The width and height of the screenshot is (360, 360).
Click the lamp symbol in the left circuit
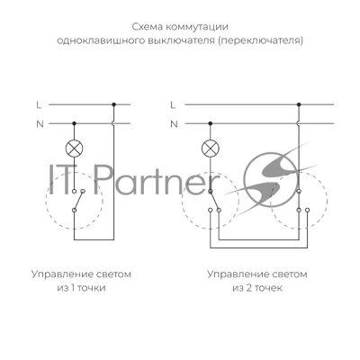[x=74, y=148]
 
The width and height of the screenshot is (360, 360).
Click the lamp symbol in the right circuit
[x=211, y=148]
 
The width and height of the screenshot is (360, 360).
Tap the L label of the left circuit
[x=39, y=105]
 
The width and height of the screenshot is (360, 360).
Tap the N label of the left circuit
[x=40, y=124]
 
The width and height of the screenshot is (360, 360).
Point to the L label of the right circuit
[x=173, y=105]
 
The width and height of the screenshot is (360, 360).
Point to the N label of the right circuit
[x=174, y=124]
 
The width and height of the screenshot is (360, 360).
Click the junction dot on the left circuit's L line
[x=113, y=104]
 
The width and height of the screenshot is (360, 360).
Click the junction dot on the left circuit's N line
[x=74, y=123]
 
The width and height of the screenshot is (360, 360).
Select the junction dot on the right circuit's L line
[x=299, y=104]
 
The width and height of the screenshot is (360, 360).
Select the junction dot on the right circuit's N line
[x=211, y=123]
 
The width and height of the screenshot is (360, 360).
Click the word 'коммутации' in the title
[x=197, y=27]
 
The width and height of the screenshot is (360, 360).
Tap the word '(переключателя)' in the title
[x=260, y=40]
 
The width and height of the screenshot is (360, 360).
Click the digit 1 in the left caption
[x=72, y=288]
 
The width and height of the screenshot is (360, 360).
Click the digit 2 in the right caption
[x=248, y=288]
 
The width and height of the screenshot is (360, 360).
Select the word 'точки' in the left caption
[x=92, y=288]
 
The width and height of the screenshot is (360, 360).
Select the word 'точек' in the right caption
[x=268, y=288]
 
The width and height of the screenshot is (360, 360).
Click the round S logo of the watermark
[x=272, y=180]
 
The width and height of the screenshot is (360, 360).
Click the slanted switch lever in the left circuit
[x=78, y=200]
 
